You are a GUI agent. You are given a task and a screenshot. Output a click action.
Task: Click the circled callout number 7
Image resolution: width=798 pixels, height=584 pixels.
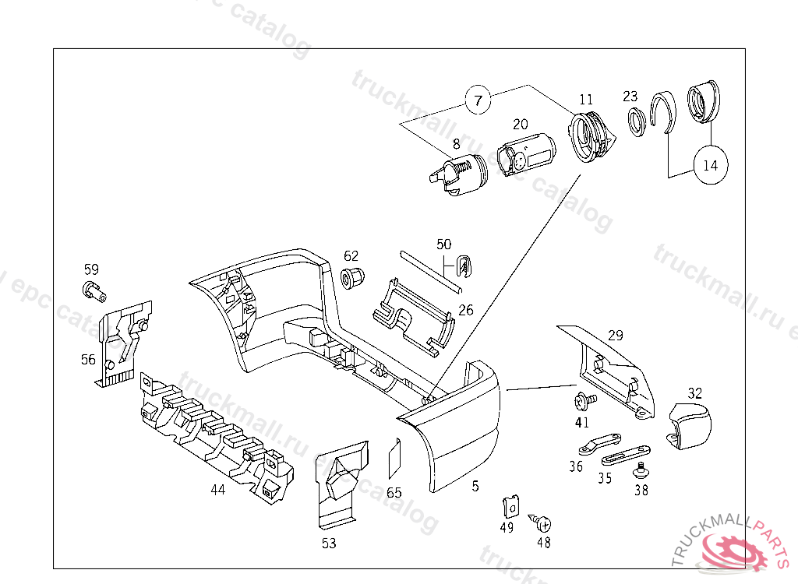coord(478,100)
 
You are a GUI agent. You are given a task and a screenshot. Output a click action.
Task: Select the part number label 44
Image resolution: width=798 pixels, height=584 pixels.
coord(217,490)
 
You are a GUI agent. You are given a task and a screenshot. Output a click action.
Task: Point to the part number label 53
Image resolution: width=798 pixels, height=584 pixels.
coord(329,543)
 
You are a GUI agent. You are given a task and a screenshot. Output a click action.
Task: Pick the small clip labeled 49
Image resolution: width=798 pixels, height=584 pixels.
coord(510,507)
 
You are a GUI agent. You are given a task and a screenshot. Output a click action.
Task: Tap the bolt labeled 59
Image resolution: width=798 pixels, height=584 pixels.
coord(92,291)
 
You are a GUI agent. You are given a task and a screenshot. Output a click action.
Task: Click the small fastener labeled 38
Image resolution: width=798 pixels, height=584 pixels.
coord(641,469)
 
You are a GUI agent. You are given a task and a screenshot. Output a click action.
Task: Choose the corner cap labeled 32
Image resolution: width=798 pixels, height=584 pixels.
coord(692,426)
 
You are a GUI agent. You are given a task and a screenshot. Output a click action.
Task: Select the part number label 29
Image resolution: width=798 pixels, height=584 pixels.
coord(616,336)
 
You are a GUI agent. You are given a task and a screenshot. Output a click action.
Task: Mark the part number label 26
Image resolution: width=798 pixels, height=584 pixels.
coord(466,310)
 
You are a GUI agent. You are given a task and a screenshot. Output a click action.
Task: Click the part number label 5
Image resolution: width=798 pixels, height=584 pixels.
coord(475,487)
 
